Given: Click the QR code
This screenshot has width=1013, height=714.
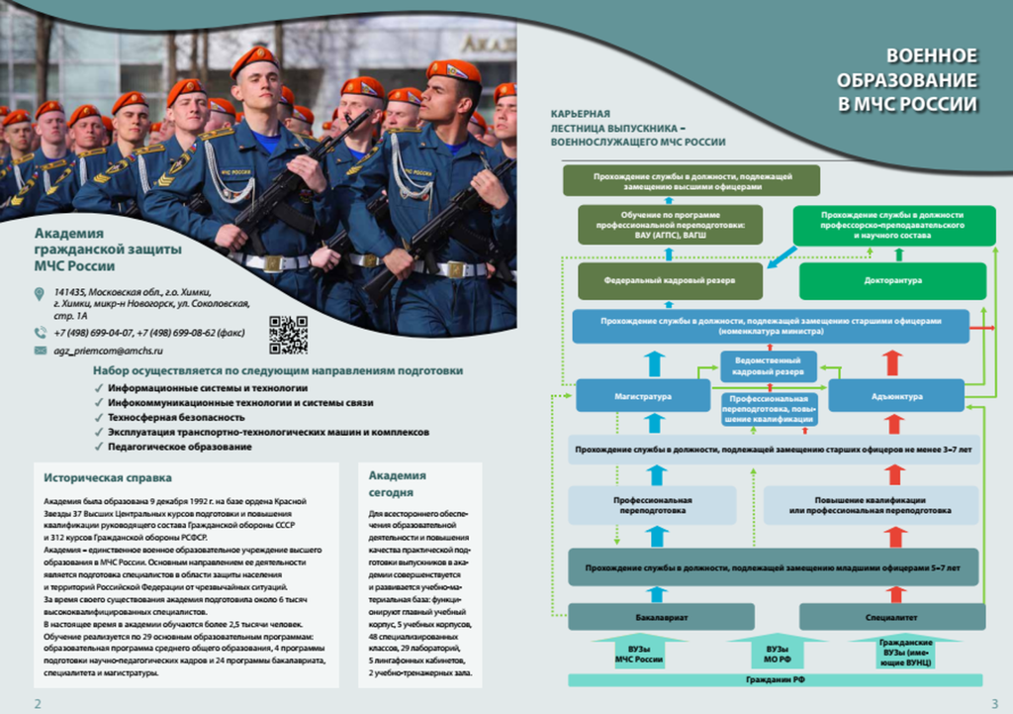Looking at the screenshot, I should coord(288,335).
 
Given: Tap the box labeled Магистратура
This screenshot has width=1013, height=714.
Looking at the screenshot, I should coord(649,396).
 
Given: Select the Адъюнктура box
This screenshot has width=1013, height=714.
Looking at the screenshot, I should coord(895,396).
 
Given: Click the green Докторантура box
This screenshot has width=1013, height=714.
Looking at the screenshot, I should coord(892,280).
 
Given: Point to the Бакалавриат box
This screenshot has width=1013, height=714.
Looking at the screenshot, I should coord(662,616).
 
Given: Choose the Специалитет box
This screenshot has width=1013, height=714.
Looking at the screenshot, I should coord(891,616).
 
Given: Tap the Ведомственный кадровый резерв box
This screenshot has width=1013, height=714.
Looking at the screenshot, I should coord(769,366).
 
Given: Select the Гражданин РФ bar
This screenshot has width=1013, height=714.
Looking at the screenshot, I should coord(775,680).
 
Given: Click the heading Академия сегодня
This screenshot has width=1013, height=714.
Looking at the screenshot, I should coord(397,483).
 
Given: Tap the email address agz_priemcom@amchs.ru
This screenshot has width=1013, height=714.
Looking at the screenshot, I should coord(109,351).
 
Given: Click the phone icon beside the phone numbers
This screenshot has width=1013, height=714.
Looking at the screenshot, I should coord(40,333).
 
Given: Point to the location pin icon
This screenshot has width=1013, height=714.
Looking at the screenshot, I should coord(40,294).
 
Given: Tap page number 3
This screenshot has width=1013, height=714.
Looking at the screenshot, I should coord(994,703).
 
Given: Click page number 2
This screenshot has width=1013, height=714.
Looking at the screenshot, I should coord(38,703).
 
